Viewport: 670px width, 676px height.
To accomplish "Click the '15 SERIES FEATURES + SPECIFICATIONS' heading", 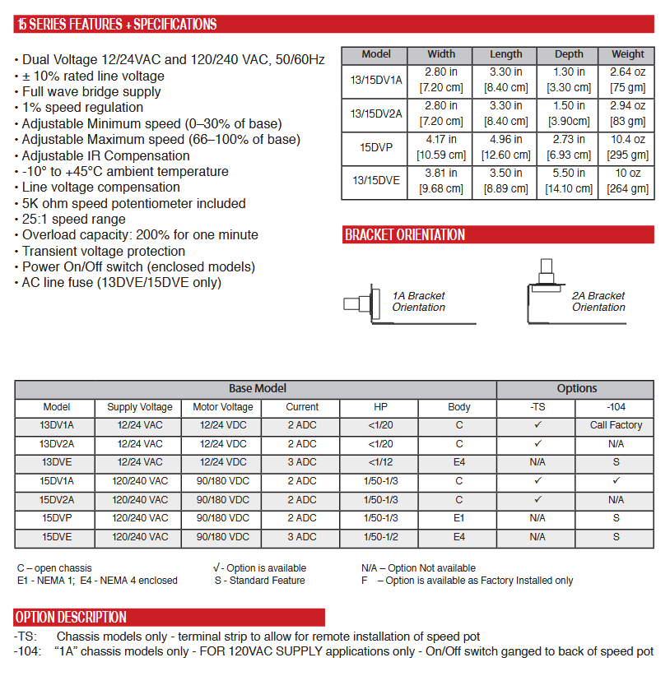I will point(117,25).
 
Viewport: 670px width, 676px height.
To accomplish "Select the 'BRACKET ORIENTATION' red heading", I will point(405,235).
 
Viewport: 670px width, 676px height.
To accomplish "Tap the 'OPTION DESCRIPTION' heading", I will point(71,618).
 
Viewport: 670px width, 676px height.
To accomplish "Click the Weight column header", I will point(628,54).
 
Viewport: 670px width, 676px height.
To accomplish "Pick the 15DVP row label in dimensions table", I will point(376,148).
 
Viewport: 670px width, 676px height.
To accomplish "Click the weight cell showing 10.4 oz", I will point(628,148).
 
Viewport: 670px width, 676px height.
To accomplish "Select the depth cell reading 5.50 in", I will point(569,181).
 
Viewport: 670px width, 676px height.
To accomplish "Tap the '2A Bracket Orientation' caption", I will point(598,302).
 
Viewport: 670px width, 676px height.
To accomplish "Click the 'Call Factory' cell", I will point(616,426).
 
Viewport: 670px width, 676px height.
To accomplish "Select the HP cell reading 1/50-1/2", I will point(380,536).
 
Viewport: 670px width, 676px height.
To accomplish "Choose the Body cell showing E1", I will point(458,518).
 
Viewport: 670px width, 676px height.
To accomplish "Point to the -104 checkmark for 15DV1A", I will point(616,481).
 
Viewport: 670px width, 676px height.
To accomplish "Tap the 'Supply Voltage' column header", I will point(140,407).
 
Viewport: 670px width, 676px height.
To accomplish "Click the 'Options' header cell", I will point(576,389).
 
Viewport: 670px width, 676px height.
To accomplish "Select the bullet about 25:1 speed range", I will point(74,220).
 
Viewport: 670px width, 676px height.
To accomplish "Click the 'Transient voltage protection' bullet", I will point(104,252).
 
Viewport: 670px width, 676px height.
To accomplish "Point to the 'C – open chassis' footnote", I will point(54,568).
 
